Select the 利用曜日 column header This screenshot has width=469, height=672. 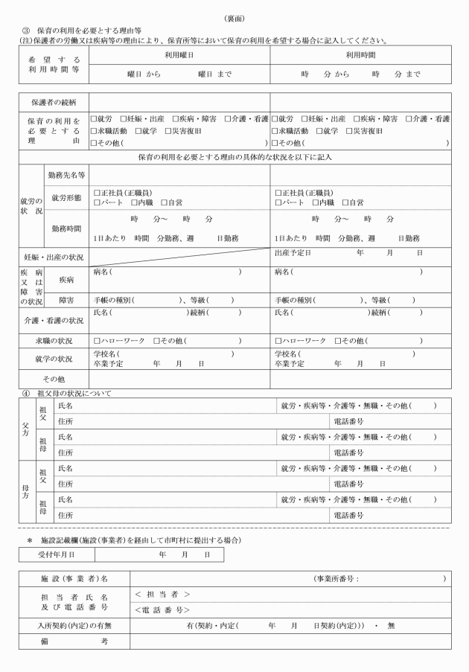click(179, 56)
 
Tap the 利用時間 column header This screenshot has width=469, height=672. click(360, 56)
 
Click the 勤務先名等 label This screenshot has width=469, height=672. click(67, 175)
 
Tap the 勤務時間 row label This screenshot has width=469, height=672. click(67, 228)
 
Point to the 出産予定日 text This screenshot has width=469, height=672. click(292, 253)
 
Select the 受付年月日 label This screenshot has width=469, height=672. click(56, 554)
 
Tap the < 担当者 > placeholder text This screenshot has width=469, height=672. click(162, 594)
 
